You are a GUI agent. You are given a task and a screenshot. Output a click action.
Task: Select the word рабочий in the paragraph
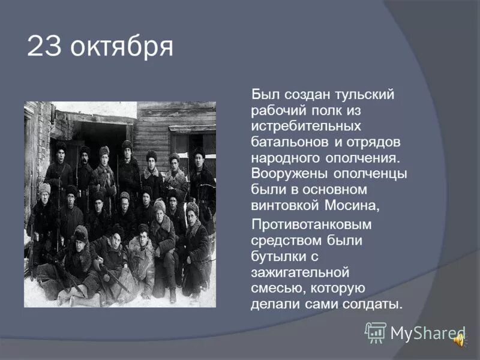279,111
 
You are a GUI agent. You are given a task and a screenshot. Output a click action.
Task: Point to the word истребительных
305,127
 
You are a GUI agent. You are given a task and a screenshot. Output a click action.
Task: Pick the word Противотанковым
311,224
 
